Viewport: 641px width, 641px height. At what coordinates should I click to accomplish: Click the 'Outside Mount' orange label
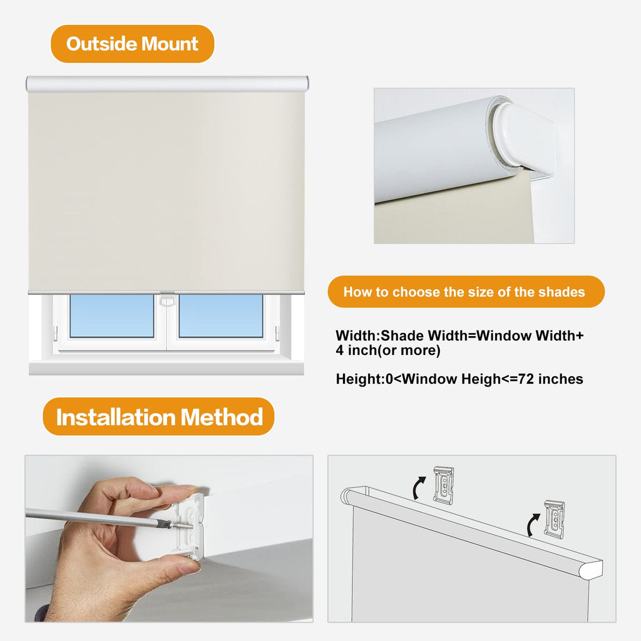point(133,44)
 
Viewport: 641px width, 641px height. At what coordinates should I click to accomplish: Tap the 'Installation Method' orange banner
point(158,416)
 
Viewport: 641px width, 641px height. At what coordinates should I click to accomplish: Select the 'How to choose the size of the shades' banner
point(466,292)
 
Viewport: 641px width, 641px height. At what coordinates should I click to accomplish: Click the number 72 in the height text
point(526,379)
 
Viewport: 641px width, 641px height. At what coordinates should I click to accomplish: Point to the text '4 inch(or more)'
point(388,351)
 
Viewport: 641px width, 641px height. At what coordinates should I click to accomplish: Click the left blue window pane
point(111,316)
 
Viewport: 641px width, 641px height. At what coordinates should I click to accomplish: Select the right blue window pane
point(221,316)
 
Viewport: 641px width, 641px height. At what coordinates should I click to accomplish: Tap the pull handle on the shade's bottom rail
point(167,300)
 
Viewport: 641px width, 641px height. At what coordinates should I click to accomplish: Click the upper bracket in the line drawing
point(444,485)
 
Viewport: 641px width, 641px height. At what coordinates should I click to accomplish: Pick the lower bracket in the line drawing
point(554,518)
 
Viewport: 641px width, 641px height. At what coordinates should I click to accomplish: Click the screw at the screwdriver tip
point(182,525)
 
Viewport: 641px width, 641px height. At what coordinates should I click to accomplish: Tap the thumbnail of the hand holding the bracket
point(169,538)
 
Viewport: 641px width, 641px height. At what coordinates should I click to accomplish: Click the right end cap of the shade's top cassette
point(305,84)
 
